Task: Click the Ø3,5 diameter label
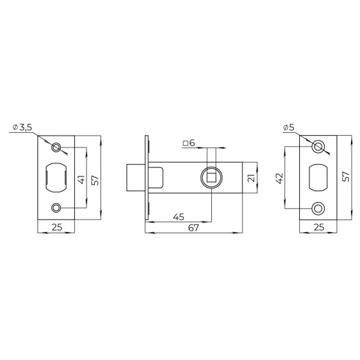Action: [x=22, y=127]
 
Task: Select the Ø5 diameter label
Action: [x=289, y=127]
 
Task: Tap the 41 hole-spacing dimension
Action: [x=82, y=179]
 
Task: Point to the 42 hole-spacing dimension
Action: [x=280, y=178]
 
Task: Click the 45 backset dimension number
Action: [x=179, y=217]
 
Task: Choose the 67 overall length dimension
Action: [x=193, y=228]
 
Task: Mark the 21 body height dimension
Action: [x=251, y=178]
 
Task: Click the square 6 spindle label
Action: [x=189, y=143]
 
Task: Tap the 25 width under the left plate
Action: [x=57, y=227]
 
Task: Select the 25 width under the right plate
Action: [x=319, y=227]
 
